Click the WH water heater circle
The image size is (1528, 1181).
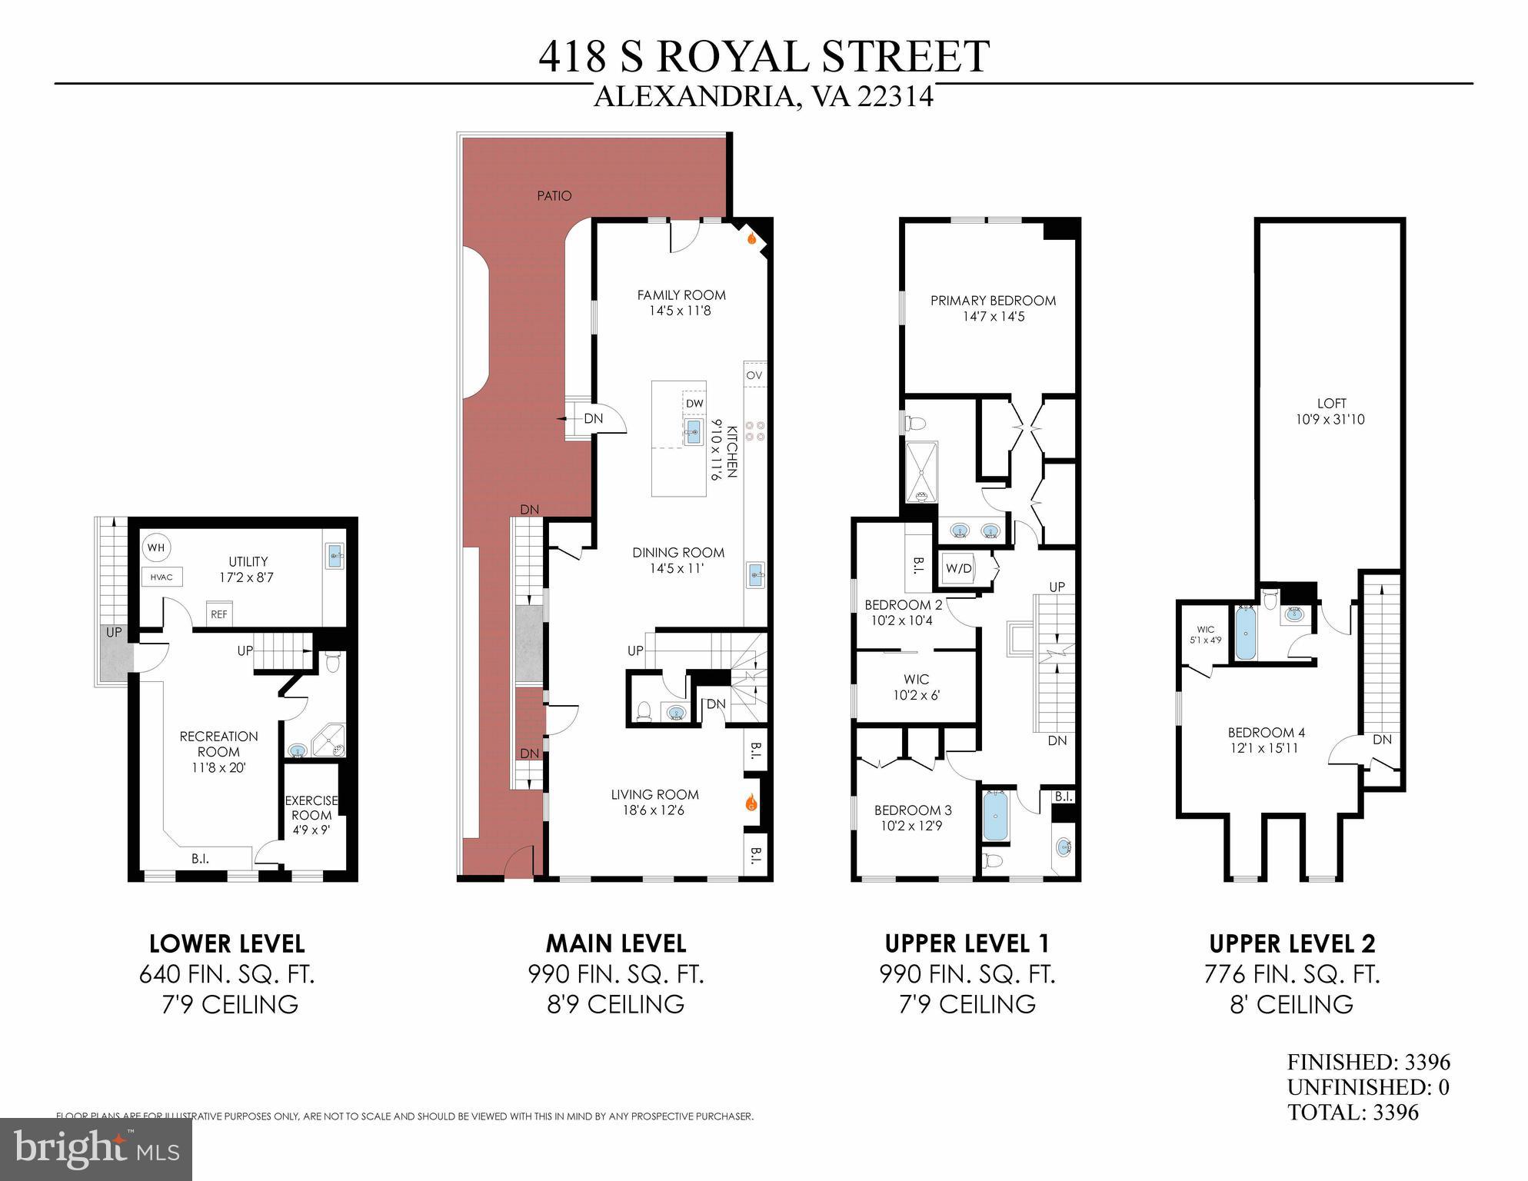pos(156,548)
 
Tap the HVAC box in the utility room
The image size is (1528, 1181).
pos(161,577)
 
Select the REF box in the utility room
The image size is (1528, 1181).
pos(219,614)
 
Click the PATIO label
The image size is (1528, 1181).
pos(554,196)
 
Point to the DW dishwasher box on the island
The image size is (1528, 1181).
pos(694,404)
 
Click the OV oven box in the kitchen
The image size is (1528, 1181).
pos(754,375)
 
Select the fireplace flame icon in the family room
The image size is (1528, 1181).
pos(753,239)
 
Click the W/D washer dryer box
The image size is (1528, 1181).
pos(958,569)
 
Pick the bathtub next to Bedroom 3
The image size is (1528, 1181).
pos(995,816)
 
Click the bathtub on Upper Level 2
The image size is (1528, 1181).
pos(1246,634)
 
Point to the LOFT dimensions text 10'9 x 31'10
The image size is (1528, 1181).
pos(1330,420)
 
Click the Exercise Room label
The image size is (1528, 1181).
pos(311,808)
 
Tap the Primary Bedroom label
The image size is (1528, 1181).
pos(993,301)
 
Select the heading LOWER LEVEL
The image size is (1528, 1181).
pos(227,943)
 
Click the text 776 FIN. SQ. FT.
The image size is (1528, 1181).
pos(1292,974)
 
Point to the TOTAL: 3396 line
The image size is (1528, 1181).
pos(1353,1112)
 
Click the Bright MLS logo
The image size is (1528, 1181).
pos(96,1149)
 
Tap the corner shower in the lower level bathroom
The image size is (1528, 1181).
pos(329,740)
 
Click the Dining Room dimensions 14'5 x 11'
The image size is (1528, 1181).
pos(677,569)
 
